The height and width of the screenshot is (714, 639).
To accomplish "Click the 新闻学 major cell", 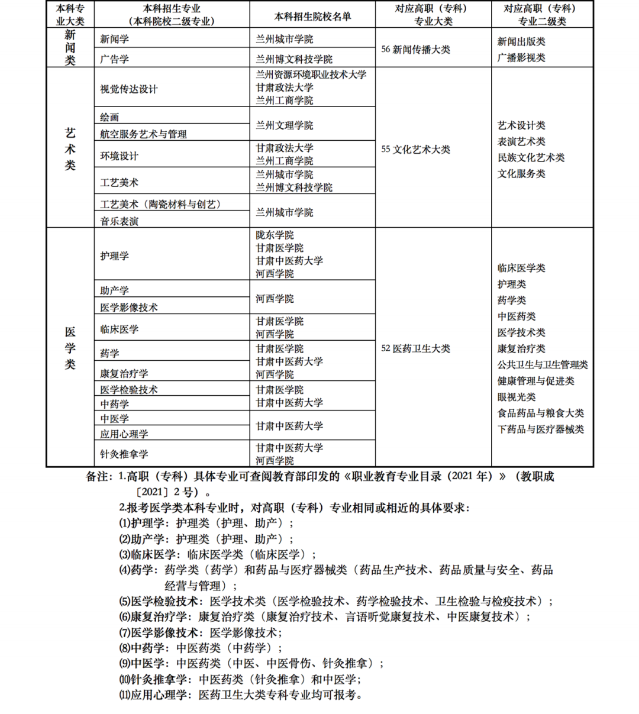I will [x=114, y=39].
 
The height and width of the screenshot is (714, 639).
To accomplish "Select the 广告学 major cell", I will [x=114, y=59].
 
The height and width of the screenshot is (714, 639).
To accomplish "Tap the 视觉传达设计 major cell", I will [x=129, y=89].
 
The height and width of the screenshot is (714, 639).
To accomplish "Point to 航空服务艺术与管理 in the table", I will [x=143, y=134].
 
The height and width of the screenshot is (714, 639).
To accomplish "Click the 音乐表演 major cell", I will [x=119, y=221].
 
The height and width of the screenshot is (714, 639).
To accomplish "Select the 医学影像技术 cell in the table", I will [x=128, y=308].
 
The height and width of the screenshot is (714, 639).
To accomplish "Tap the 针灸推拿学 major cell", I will [x=124, y=454].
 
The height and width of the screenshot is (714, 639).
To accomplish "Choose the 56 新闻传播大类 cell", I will [x=415, y=50].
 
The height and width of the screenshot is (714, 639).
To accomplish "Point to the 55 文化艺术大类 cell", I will [x=415, y=149].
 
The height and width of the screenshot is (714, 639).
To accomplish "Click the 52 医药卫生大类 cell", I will [x=415, y=348].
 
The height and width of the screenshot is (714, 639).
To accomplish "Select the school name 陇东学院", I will [x=275, y=235].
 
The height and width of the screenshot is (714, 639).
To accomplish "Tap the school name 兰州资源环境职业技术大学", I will [x=311, y=75].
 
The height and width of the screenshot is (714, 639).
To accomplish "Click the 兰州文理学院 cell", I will [x=284, y=125].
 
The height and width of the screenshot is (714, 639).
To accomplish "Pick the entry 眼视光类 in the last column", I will [x=517, y=397].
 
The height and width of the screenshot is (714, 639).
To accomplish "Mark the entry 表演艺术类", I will [x=521, y=141].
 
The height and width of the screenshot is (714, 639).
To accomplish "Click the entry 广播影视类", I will [x=521, y=58].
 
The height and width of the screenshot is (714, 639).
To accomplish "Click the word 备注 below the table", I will [x=98, y=476].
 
